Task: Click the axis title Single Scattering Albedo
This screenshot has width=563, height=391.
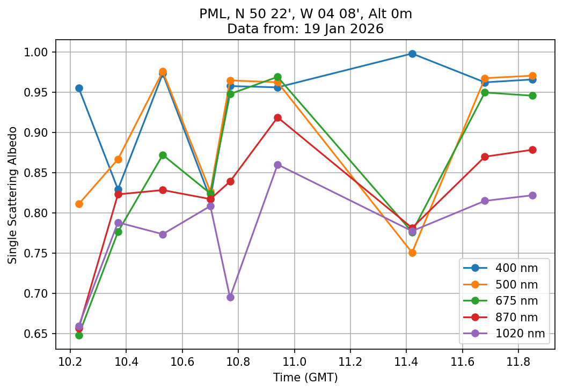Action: (12, 195)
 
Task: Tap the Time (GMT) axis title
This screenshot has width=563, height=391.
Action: (305, 378)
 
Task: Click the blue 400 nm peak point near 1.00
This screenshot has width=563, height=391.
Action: (412, 54)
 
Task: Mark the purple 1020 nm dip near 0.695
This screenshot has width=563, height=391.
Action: (230, 297)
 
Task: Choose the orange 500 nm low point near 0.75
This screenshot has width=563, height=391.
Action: (412, 253)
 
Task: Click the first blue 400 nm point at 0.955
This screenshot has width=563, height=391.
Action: (79, 88)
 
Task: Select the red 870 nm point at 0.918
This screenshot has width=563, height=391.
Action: (277, 117)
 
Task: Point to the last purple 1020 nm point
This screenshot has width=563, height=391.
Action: (532, 195)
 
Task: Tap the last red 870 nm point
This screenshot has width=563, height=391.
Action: (532, 150)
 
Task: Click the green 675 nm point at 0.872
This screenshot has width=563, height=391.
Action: (163, 155)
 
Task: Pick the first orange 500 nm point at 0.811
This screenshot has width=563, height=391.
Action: (79, 204)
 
